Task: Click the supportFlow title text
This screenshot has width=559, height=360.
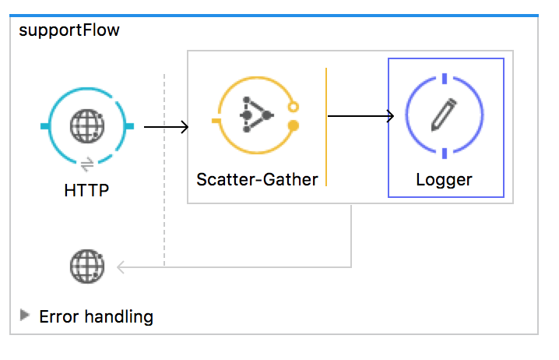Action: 68,31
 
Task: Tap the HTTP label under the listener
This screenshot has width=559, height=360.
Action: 86,189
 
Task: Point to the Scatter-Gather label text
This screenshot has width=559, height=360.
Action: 257,179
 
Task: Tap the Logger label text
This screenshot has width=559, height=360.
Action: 445,179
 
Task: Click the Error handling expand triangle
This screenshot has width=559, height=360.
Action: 25,316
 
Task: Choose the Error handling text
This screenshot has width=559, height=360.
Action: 96,316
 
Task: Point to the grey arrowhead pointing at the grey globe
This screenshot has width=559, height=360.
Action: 121,267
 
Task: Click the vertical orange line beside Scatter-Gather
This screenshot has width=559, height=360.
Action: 326,127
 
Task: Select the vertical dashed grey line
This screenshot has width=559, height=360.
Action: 164,171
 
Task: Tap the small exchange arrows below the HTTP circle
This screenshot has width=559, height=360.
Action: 86,164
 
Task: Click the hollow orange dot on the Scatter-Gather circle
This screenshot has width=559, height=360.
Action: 293,107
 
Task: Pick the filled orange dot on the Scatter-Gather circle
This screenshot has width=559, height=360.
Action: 294,125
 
